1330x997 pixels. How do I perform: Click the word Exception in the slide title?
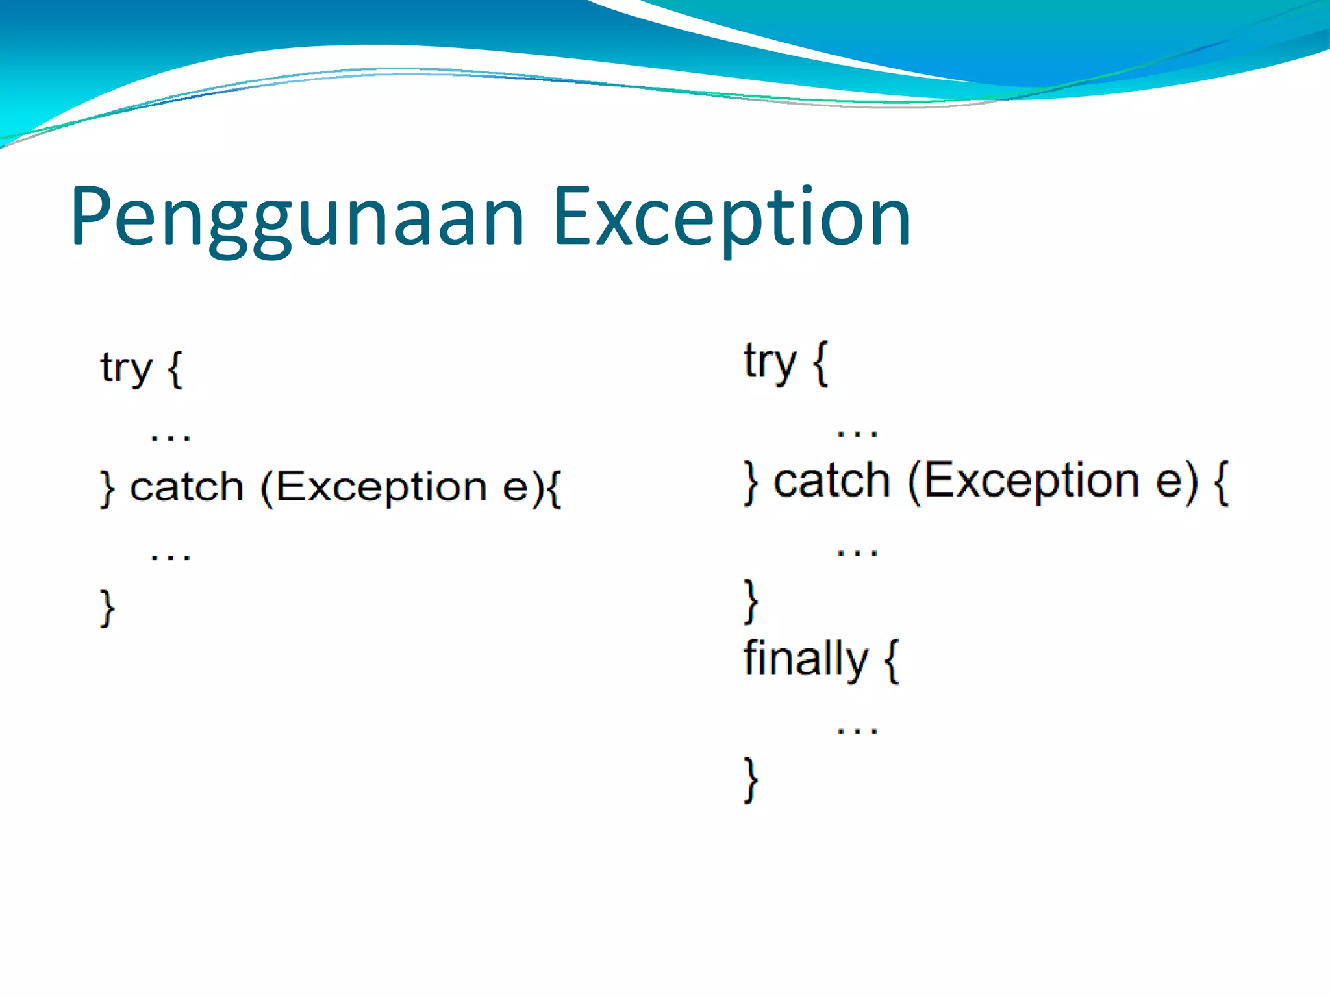click(x=732, y=217)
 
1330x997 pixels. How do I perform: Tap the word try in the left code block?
click(x=126, y=369)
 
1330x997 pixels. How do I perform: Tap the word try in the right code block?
click(x=770, y=362)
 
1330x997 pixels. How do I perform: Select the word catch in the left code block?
click(x=186, y=487)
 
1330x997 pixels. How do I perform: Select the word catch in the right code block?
click(x=831, y=482)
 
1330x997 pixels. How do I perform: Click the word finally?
click(x=805, y=659)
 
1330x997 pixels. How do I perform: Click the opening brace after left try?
click(x=175, y=369)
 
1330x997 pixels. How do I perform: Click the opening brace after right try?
click(x=820, y=363)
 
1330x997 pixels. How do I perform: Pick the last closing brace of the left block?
click(x=107, y=608)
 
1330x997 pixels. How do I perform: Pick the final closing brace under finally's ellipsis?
click(x=751, y=780)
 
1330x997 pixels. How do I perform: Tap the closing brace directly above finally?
click(x=751, y=601)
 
